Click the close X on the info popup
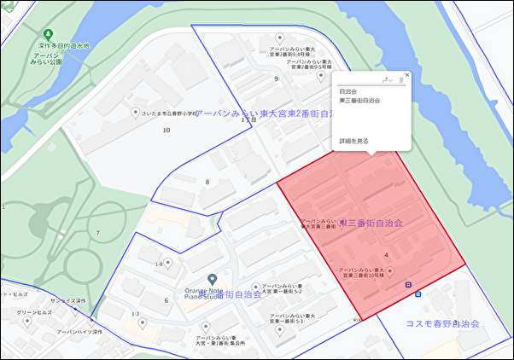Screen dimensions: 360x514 coord(407,75)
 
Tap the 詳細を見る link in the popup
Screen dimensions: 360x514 coord(353,141)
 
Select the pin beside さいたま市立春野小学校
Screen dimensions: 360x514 coord(135,113)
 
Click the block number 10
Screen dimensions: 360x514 coord(166,130)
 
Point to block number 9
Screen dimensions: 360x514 coord(276,78)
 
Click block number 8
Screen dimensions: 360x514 coord(207,182)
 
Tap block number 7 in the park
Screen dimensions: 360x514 coord(97,233)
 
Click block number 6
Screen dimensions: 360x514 coord(166,300)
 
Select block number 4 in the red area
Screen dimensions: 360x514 coord(387,254)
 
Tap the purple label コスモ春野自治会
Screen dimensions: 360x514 coord(442,324)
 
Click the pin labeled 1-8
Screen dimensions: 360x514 coord(169,264)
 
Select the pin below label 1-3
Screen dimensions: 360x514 coord(143,323)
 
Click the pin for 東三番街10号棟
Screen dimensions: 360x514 coord(391,272)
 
